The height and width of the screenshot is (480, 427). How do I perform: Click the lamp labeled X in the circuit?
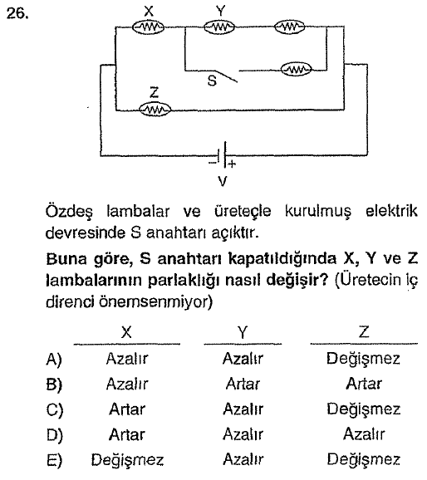coord(148,27)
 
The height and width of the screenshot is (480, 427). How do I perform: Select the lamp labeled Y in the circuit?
coord(219,27)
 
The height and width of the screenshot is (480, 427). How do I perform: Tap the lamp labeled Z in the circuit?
coord(155,110)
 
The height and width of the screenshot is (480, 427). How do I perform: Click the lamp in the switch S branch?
coord(297,70)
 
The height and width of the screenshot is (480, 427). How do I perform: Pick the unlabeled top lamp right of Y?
coord(289,27)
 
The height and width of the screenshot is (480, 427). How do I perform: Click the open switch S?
coord(227,76)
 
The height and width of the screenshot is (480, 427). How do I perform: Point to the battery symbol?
coord(223,155)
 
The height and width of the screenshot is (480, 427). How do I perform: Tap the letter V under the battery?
coord(223,182)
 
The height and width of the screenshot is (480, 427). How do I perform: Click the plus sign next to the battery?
coord(232,164)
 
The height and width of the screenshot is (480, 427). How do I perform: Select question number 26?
coord(17,13)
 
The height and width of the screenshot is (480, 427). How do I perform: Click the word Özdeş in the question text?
coord(69,212)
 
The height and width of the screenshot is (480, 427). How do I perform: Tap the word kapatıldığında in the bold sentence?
coord(282,259)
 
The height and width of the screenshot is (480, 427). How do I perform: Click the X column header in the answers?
coord(126,332)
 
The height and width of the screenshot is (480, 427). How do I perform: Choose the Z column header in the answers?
coord(364,331)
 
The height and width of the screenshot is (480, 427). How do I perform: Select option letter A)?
coord(54,359)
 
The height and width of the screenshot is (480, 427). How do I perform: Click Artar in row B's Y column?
coord(243,384)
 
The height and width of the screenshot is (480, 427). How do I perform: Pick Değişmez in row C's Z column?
coord(364,409)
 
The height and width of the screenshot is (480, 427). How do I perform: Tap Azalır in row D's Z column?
coord(364,434)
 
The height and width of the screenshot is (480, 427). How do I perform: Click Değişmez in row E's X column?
coord(127,460)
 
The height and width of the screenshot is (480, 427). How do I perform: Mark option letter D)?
coord(54,435)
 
